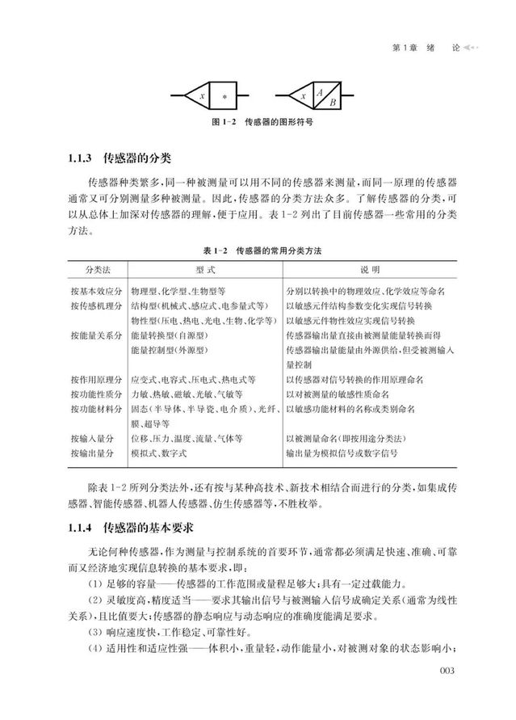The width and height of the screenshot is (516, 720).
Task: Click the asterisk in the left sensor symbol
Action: (x=224, y=96)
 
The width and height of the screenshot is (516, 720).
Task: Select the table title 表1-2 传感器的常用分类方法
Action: (x=258, y=252)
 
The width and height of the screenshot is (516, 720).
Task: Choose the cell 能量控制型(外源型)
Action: (x=169, y=349)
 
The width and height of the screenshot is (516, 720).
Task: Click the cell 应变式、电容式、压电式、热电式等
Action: (x=194, y=379)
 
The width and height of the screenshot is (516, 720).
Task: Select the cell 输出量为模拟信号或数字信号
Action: (x=354, y=453)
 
